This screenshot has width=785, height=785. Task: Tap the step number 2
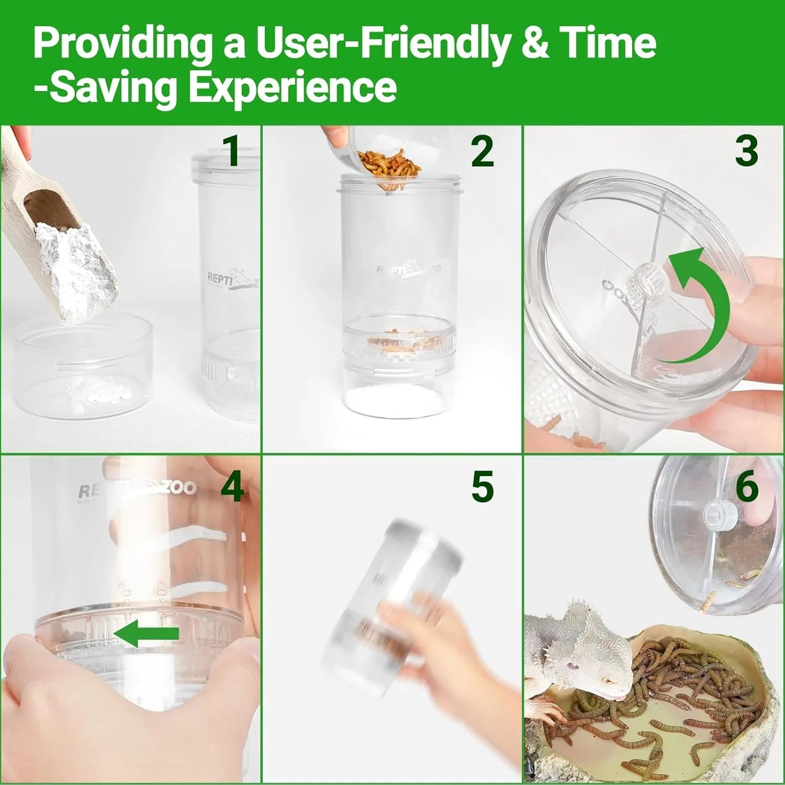point(482,152)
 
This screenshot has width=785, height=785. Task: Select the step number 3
point(746,151)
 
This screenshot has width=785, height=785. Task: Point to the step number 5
point(482,487)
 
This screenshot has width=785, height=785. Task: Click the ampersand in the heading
point(535,44)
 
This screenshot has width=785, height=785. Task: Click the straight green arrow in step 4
point(146,633)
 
